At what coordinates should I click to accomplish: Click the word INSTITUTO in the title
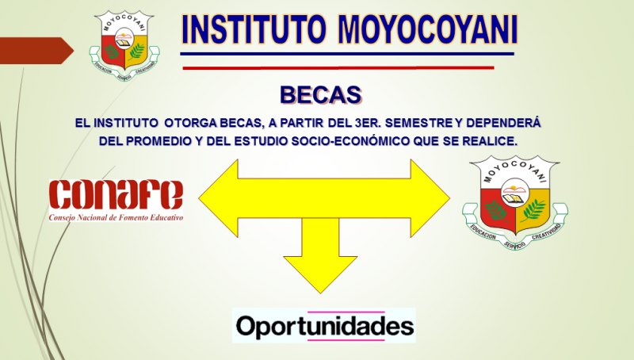254,30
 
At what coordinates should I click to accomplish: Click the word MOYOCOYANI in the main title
428,30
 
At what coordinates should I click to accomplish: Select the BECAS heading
321,95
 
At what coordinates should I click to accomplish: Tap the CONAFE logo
116,201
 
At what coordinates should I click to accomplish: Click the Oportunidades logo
324,326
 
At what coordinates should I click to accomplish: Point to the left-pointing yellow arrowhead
219,198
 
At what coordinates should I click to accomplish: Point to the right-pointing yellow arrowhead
430,198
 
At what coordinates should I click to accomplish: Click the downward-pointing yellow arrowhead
320,274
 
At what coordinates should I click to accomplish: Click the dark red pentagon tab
36,51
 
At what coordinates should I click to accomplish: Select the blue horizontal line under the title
347,53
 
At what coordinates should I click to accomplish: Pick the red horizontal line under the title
338,67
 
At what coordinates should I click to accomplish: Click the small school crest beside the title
124,45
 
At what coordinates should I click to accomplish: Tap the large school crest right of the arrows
515,202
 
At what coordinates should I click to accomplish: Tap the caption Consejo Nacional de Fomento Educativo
116,217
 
